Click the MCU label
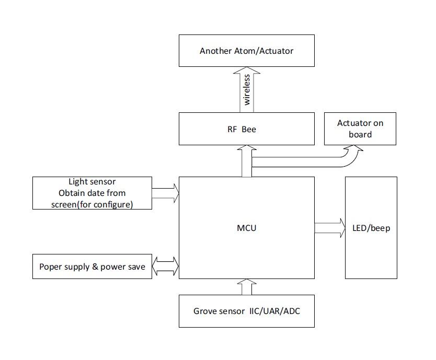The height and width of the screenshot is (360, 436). click(246, 228)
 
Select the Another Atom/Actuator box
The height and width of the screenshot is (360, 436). click(247, 51)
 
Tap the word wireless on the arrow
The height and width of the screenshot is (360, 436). click(247, 90)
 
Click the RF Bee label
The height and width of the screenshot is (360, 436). click(242, 129)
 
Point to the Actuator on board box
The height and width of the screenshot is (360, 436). click(360, 129)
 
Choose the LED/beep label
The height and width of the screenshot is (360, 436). click(371, 228)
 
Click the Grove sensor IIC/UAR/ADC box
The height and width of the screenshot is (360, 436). click(247, 311)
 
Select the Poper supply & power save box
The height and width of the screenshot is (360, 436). click(93, 266)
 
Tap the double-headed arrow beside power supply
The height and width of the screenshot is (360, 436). click(165, 266)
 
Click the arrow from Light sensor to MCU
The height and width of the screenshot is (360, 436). click(165, 193)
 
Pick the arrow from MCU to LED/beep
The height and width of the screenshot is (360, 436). click(330, 228)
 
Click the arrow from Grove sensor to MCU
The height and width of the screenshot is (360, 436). click(247, 287)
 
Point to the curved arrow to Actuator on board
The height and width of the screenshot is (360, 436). click(306, 162)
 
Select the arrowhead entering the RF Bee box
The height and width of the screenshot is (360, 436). click(247, 147)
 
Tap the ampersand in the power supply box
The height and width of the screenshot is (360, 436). click(95, 266)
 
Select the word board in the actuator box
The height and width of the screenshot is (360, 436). click(360, 135)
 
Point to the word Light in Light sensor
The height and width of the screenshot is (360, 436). click(76, 182)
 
